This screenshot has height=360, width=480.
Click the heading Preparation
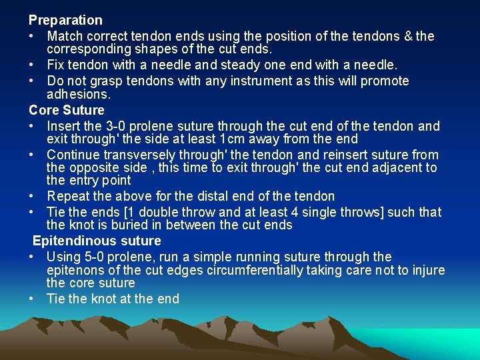[65, 21]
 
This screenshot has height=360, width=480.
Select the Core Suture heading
[67, 110]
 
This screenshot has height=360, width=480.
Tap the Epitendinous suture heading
[97, 241]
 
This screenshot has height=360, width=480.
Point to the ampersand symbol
[405, 36]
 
